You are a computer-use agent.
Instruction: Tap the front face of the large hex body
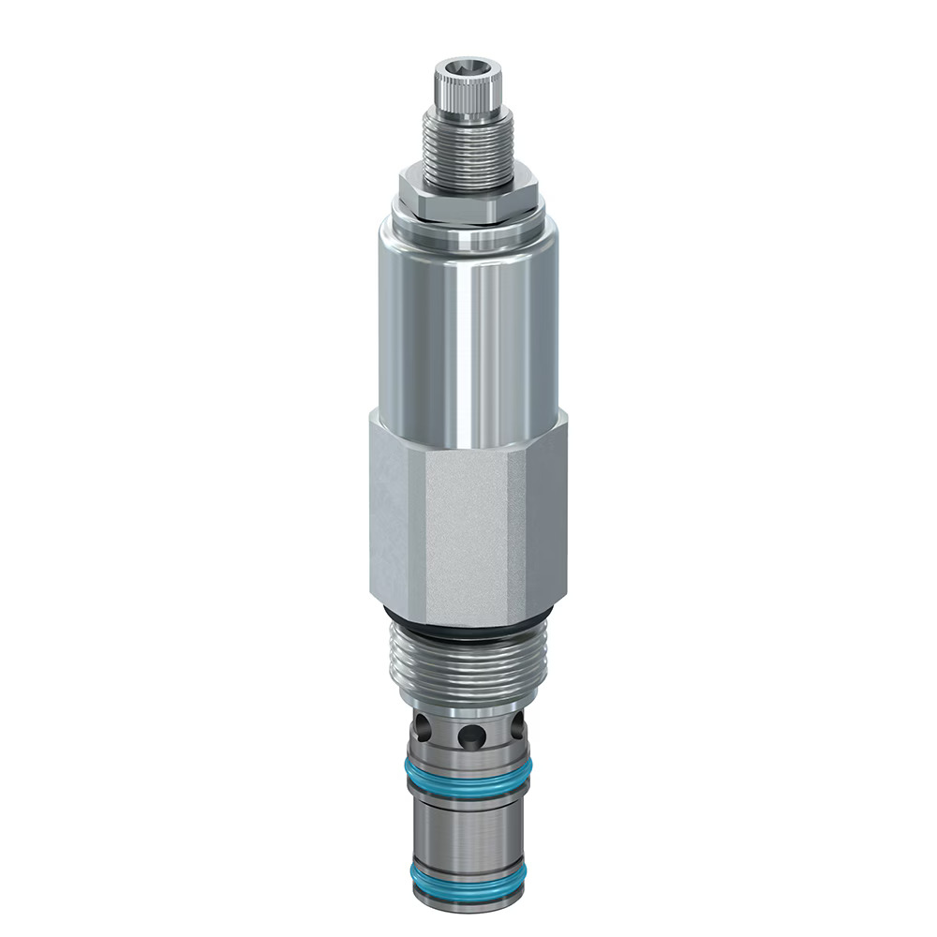[468, 534]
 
